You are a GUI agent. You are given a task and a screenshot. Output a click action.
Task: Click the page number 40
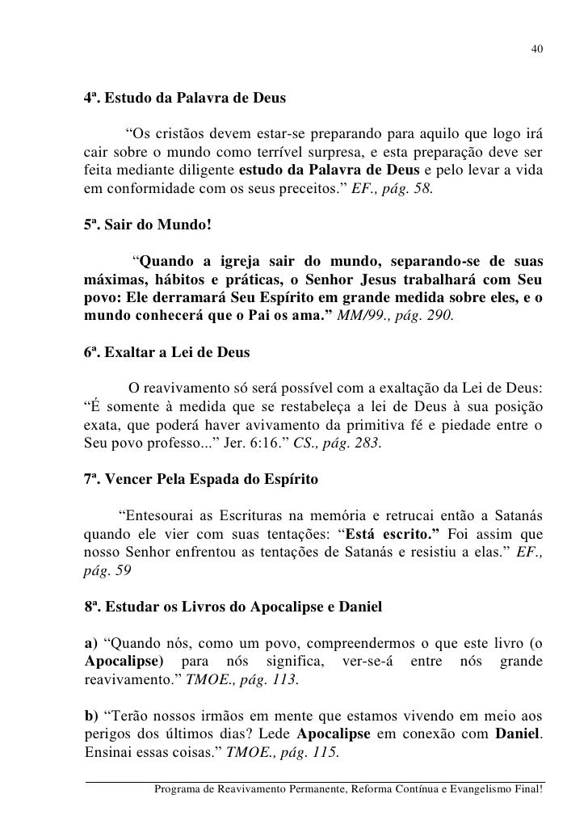pyautogui.click(x=537, y=51)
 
